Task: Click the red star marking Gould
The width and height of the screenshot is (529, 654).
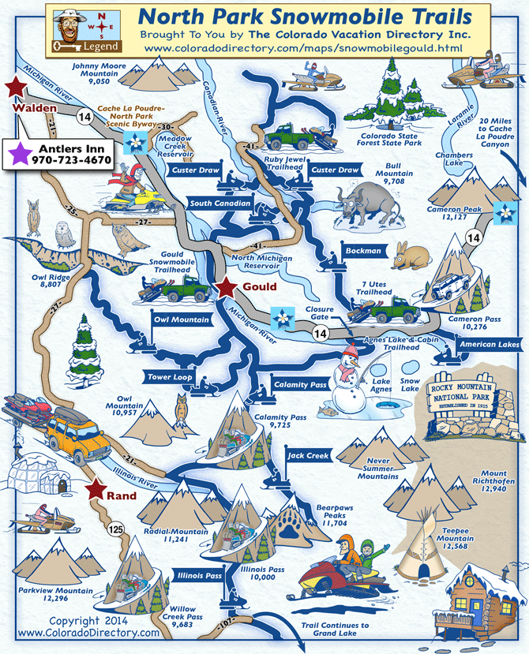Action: (x=227, y=288)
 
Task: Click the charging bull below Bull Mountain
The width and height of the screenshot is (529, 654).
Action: (x=363, y=207)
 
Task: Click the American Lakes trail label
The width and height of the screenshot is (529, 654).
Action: (x=489, y=344)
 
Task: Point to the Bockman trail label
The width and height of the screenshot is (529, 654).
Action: (x=363, y=251)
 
